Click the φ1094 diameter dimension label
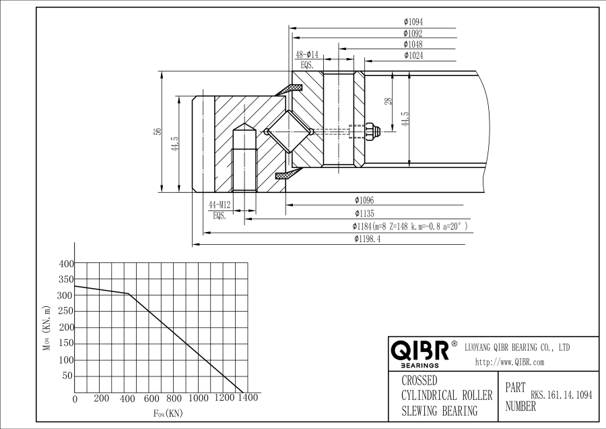[x=413, y=22]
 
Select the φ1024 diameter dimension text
[x=413, y=55]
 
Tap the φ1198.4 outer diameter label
[x=367, y=239]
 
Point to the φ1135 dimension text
[x=364, y=213]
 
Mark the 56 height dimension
[x=157, y=132]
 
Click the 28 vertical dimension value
[x=388, y=101]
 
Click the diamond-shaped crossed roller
[x=289, y=132]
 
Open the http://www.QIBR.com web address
[x=510, y=362]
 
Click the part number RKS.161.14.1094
[x=561, y=395]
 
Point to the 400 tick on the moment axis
[x=66, y=264]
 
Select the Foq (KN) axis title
[x=168, y=414]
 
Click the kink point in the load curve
[x=129, y=293]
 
